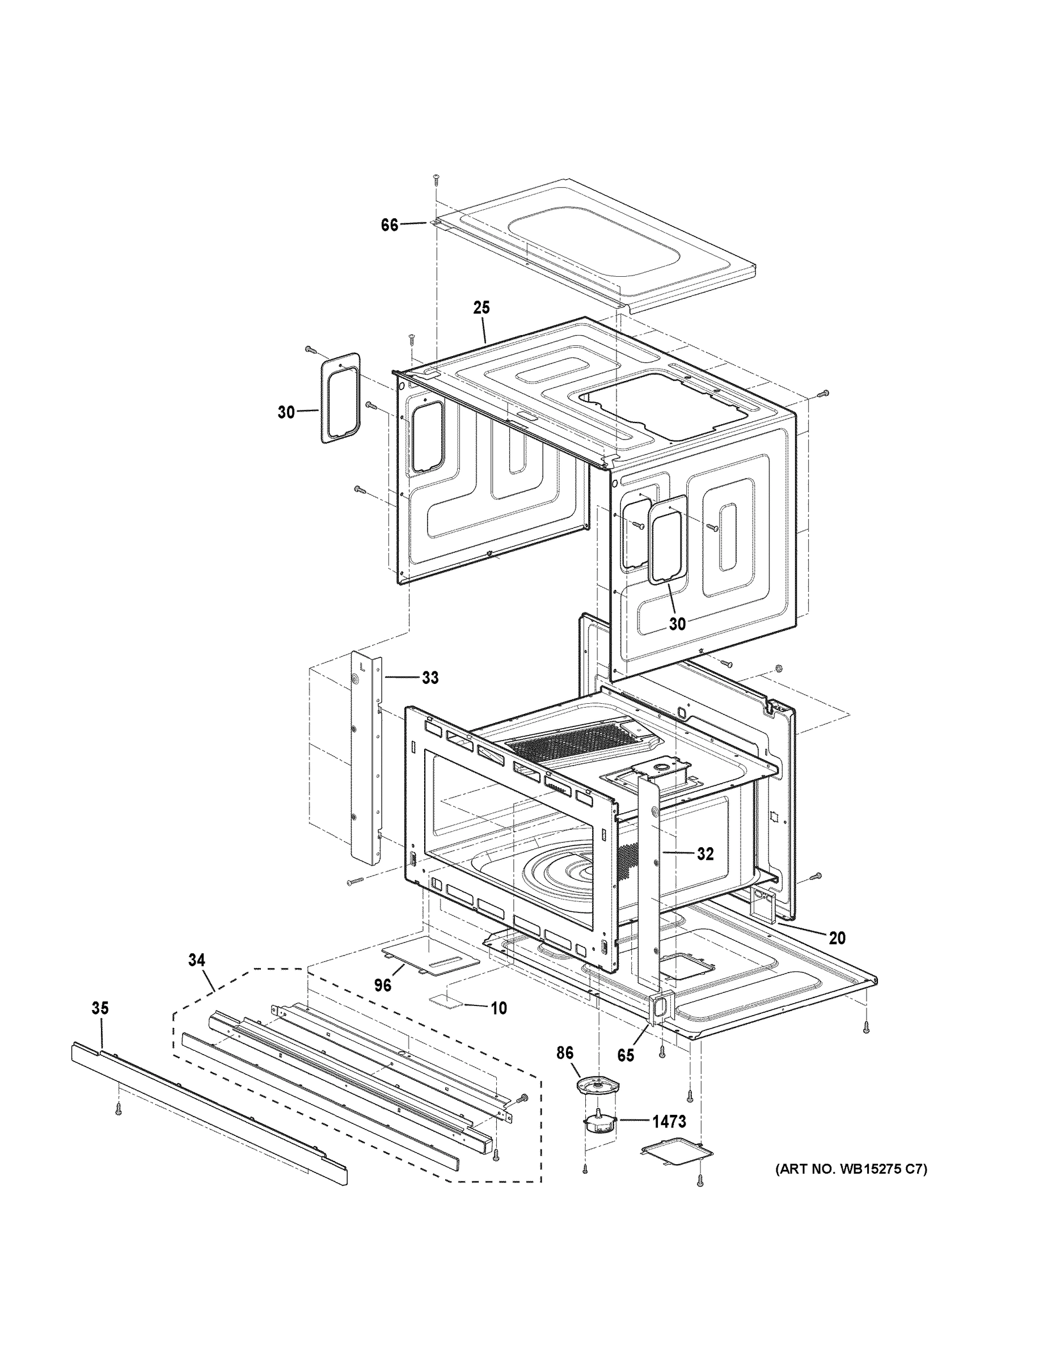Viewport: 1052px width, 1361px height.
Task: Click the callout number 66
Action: (x=390, y=225)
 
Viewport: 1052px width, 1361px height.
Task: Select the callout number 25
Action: (x=481, y=307)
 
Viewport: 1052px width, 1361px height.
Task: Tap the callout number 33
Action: (x=430, y=678)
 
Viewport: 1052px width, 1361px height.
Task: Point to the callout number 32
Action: (x=705, y=855)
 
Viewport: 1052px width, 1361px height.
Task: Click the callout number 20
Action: (x=837, y=956)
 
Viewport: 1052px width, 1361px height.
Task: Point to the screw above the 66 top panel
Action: (x=436, y=179)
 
